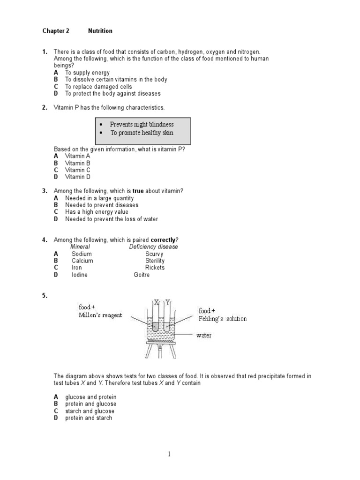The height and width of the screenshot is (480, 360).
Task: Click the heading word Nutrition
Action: (x=100, y=31)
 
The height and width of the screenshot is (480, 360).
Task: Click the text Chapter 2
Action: (x=56, y=31)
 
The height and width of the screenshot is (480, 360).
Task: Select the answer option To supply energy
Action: (x=87, y=73)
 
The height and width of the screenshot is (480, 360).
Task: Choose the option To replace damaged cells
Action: (x=98, y=87)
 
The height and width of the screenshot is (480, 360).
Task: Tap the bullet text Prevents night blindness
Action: (x=142, y=124)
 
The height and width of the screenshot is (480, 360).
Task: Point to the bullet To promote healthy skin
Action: (x=142, y=133)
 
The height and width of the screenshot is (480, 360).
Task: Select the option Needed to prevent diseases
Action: (x=102, y=205)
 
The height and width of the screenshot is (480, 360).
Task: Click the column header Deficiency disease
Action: (x=153, y=247)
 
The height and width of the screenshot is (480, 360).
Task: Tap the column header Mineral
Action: (x=80, y=247)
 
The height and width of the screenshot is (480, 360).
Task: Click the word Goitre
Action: (x=142, y=275)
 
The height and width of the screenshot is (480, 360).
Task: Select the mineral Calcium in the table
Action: (x=82, y=261)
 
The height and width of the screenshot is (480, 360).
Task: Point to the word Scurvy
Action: (x=154, y=254)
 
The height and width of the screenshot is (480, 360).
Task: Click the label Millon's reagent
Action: (x=100, y=315)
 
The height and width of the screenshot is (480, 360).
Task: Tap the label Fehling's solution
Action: (x=223, y=319)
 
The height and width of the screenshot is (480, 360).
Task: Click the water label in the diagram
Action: (x=203, y=336)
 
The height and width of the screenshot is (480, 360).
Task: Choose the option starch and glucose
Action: (x=90, y=411)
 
